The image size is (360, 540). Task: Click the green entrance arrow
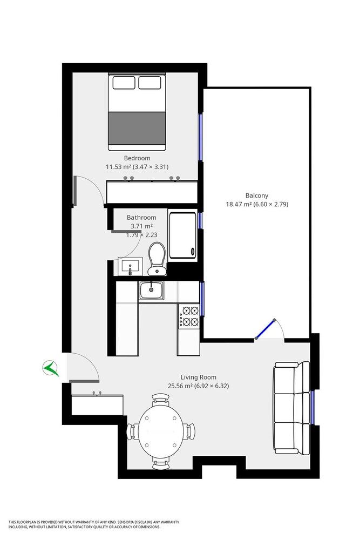click(x=51, y=369)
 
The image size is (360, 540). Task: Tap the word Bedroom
click(x=137, y=158)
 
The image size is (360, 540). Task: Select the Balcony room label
click(x=257, y=195)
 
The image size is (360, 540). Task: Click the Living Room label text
click(x=199, y=377)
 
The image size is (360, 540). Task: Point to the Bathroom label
click(x=141, y=218)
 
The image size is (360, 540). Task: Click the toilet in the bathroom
click(x=157, y=258)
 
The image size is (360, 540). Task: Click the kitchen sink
click(x=152, y=291)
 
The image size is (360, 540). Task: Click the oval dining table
click(x=161, y=431)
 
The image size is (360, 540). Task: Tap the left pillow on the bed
click(x=124, y=83)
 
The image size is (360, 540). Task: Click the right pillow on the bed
click(x=150, y=83)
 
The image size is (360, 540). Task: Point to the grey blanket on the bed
click(x=137, y=127)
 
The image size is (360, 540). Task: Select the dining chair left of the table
click(x=131, y=432)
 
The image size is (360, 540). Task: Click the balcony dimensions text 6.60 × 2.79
click(x=273, y=205)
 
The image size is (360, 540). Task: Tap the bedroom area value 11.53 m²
click(x=119, y=167)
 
